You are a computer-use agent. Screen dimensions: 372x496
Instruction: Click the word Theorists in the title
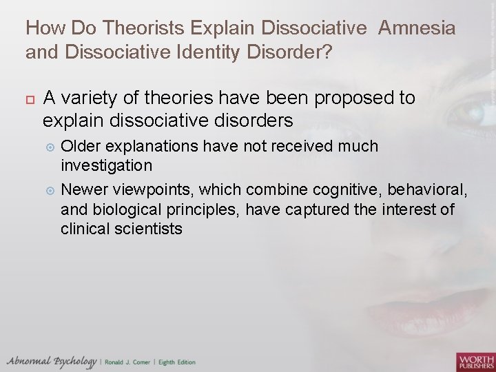coord(152,28)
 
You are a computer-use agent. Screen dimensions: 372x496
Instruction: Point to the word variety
coord(83,99)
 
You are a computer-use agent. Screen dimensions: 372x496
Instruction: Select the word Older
coord(81,146)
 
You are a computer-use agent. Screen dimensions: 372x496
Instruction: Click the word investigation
coord(107,165)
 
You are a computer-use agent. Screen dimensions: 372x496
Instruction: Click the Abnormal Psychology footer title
coord(52,362)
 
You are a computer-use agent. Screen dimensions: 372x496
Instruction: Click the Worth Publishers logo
coord(475,361)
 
